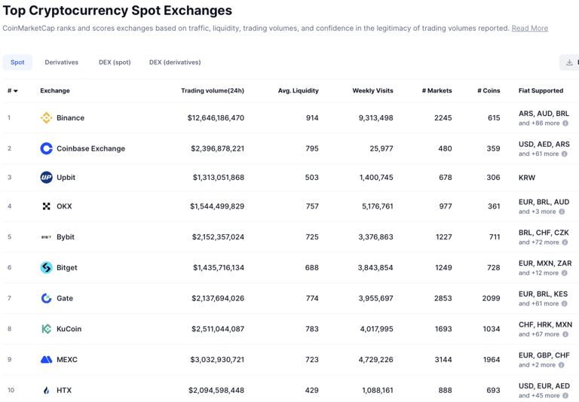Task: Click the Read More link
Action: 529,29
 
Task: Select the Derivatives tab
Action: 61,62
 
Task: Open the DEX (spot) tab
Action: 115,62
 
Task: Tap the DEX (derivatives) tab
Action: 175,62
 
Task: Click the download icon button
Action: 569,62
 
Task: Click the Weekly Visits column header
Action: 372,91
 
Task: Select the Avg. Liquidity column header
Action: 298,91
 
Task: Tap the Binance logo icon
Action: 46,118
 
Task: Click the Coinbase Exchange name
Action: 90,148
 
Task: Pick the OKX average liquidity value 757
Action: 311,206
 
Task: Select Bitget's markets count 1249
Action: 443,268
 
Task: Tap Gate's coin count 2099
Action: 491,299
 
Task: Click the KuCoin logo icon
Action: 46,329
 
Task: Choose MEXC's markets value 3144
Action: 443,360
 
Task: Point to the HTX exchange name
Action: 64,391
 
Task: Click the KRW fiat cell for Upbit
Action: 527,178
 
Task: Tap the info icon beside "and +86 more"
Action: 565,123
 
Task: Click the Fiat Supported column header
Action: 541,91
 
